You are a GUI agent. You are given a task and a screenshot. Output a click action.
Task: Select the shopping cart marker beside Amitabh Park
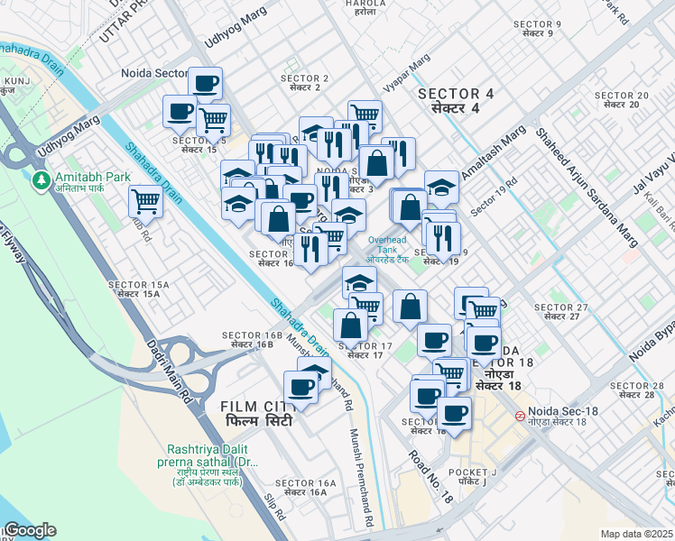click(145, 200)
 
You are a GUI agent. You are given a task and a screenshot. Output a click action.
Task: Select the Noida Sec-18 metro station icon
click(521, 417)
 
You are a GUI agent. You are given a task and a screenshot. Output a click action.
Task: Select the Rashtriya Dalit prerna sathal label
click(213, 454)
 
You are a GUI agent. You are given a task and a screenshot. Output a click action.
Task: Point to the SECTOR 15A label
click(134, 289)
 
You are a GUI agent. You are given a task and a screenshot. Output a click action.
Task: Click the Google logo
click(30, 530)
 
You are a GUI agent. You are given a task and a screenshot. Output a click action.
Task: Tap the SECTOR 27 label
click(560, 312)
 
